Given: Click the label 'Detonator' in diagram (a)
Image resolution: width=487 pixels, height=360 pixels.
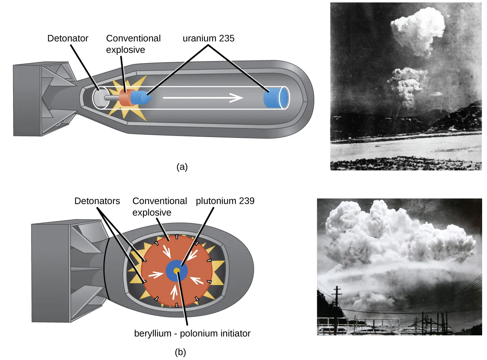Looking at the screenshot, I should click(x=68, y=38).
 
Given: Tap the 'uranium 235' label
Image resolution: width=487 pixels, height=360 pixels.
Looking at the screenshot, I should click(x=208, y=38).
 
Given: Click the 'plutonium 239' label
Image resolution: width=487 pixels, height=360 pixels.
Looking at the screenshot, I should click(x=225, y=201).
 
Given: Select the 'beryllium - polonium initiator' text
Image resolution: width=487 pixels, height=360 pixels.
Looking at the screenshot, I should click(x=192, y=333).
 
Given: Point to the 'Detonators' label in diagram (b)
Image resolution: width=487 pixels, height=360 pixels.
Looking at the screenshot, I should click(x=97, y=201).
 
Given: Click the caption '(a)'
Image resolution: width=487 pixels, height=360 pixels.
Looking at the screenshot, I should click(x=182, y=167).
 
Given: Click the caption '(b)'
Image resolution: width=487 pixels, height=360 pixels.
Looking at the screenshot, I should click(x=180, y=352).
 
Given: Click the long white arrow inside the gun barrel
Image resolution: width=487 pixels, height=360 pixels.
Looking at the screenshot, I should click(x=203, y=98).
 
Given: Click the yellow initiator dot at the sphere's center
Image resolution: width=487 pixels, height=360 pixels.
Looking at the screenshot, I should click(x=177, y=270).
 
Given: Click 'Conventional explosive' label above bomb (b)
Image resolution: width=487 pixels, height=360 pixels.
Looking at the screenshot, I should click(x=159, y=206).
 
